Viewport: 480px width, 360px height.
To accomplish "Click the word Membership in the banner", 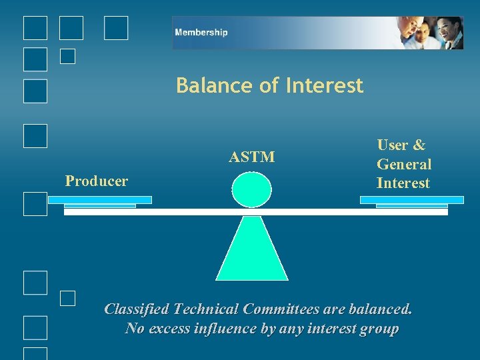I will (x=201, y=32).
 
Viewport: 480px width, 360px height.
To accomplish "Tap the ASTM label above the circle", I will (x=251, y=157).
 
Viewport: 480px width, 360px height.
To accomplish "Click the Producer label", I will (x=97, y=181).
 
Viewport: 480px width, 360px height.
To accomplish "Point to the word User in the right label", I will (x=393, y=145).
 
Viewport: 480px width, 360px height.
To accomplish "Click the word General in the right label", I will (x=404, y=164).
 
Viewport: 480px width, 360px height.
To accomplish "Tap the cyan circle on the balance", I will (x=251, y=190).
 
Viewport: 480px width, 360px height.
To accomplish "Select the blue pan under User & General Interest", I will (x=411, y=200).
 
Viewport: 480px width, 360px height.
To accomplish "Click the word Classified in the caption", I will (x=137, y=309).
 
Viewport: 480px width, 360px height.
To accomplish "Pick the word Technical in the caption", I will (x=207, y=309).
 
